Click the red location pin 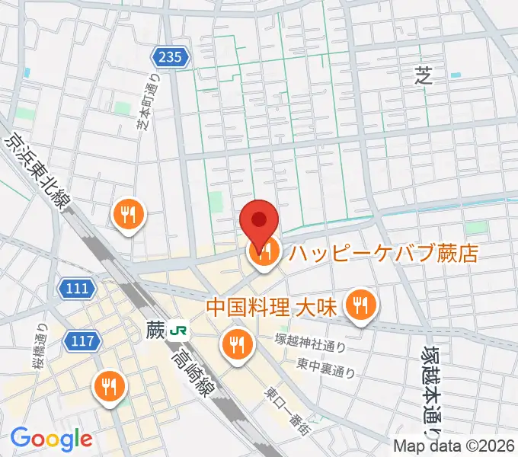[x=259, y=221]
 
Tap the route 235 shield [x=171, y=56]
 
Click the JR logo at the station [x=181, y=331]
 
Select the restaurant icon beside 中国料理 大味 [x=359, y=305]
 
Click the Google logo [x=51, y=439]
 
